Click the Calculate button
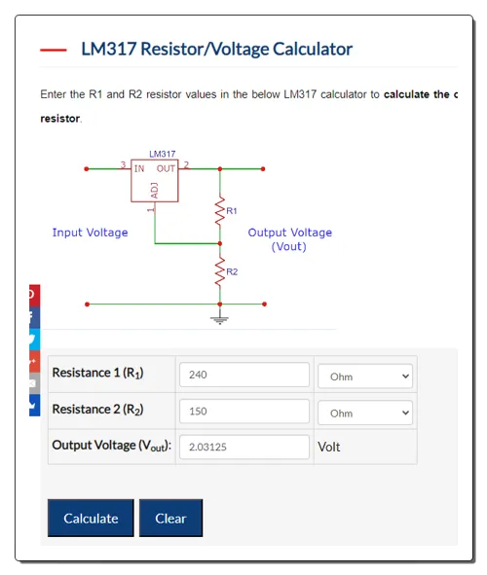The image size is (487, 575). pyautogui.click(x=91, y=518)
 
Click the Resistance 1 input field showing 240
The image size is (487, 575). pyautogui.click(x=244, y=375)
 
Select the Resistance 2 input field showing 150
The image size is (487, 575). pyautogui.click(x=244, y=412)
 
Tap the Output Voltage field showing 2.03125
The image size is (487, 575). pyautogui.click(x=244, y=447)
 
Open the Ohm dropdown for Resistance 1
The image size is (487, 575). pyautogui.click(x=365, y=377)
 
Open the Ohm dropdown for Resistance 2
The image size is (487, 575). pyautogui.click(x=365, y=413)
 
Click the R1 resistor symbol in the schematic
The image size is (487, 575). pyautogui.click(x=220, y=210)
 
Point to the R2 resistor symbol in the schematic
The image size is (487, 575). pyautogui.click(x=220, y=271)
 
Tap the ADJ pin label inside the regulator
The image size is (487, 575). pyautogui.click(x=155, y=191)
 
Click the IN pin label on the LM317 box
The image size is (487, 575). pyautogui.click(x=139, y=168)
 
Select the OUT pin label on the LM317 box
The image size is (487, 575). pyautogui.click(x=166, y=168)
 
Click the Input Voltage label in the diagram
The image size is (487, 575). pyautogui.click(x=90, y=233)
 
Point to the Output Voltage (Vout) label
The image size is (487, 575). pyautogui.click(x=289, y=239)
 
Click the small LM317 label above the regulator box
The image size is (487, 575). pyautogui.click(x=163, y=154)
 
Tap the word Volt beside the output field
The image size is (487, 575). pyautogui.click(x=329, y=447)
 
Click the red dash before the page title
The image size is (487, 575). pyautogui.click(x=54, y=50)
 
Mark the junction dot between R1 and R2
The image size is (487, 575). pyautogui.click(x=220, y=243)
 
